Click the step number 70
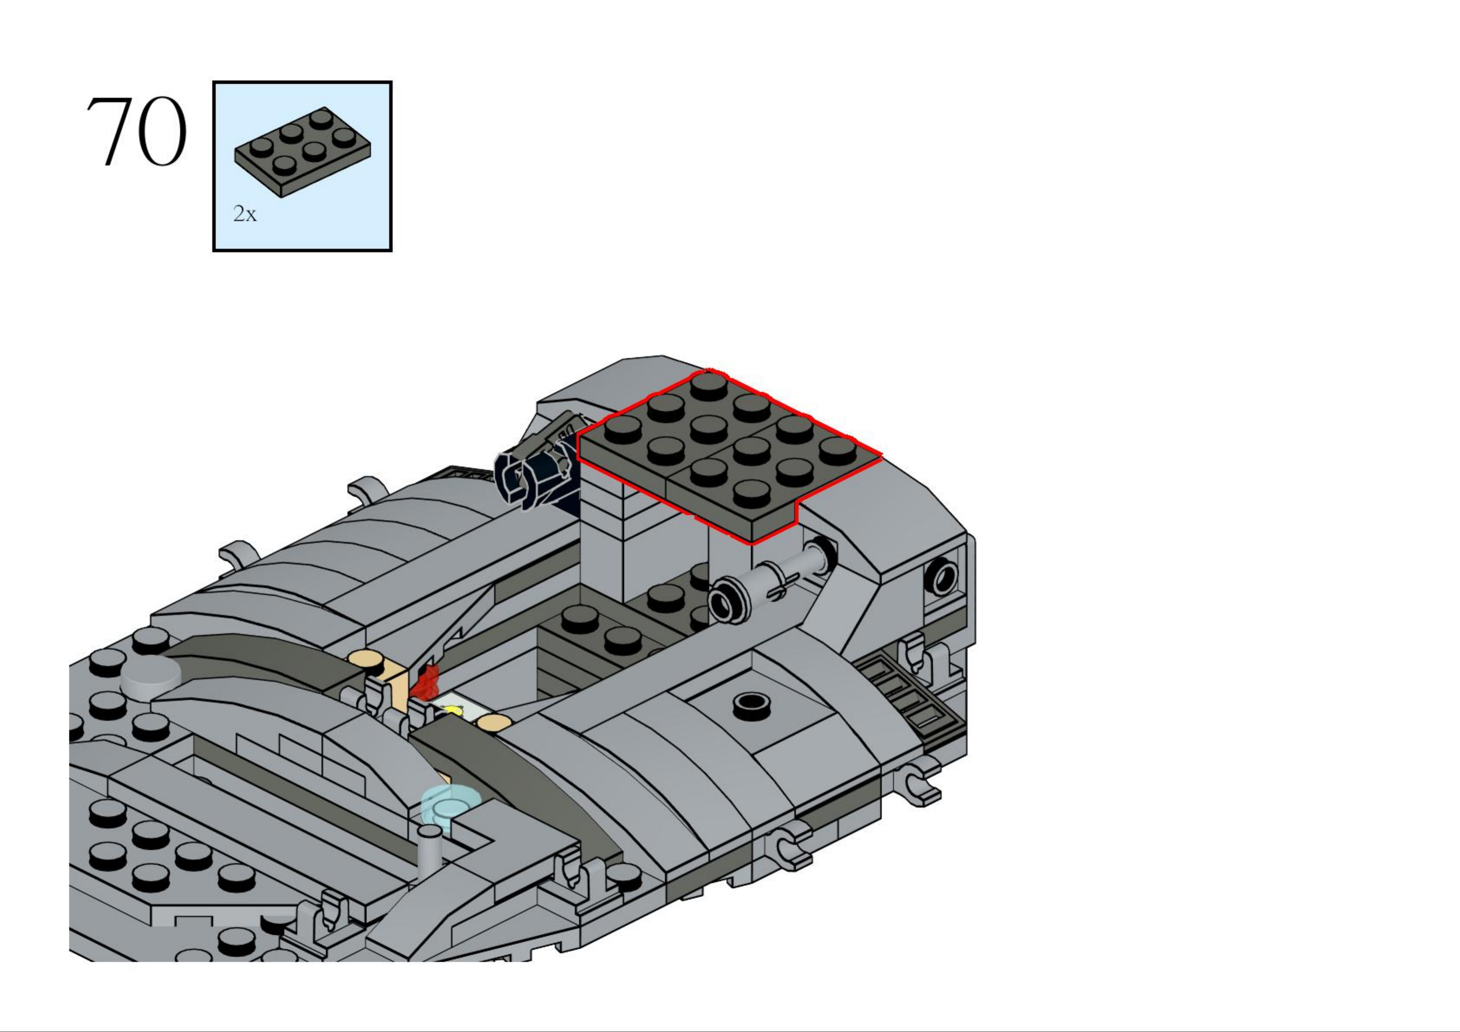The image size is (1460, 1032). [x=137, y=132]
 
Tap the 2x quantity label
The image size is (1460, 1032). [x=245, y=214]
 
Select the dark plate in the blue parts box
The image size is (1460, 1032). [x=303, y=151]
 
